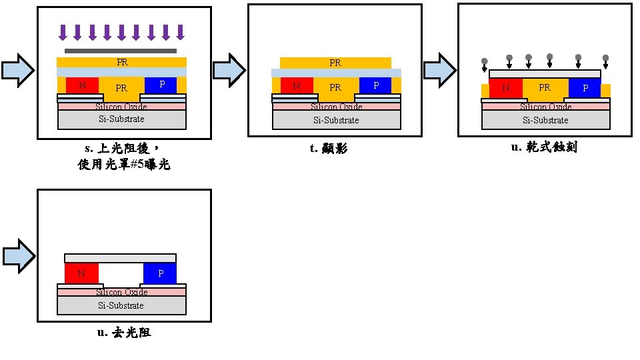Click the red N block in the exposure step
tap(82, 85)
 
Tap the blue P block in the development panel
tap(375, 85)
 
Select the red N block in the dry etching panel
tap(505, 87)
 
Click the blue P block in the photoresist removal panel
tap(160, 273)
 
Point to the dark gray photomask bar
tap(121, 51)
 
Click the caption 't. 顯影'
tap(329, 149)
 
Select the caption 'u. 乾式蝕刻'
tap(543, 147)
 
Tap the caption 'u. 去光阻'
tap(124, 332)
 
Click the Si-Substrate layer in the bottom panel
tap(121, 305)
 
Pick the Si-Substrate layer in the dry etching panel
tap(545, 120)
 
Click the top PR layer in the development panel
tap(335, 63)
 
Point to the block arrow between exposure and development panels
tap(229, 70)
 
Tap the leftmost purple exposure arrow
tap(63, 32)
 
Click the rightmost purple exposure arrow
tap(180, 32)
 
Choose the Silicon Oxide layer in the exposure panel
tap(121, 106)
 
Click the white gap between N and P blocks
tap(121, 273)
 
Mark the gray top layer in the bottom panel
tap(121, 258)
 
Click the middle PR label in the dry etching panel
tap(545, 87)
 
